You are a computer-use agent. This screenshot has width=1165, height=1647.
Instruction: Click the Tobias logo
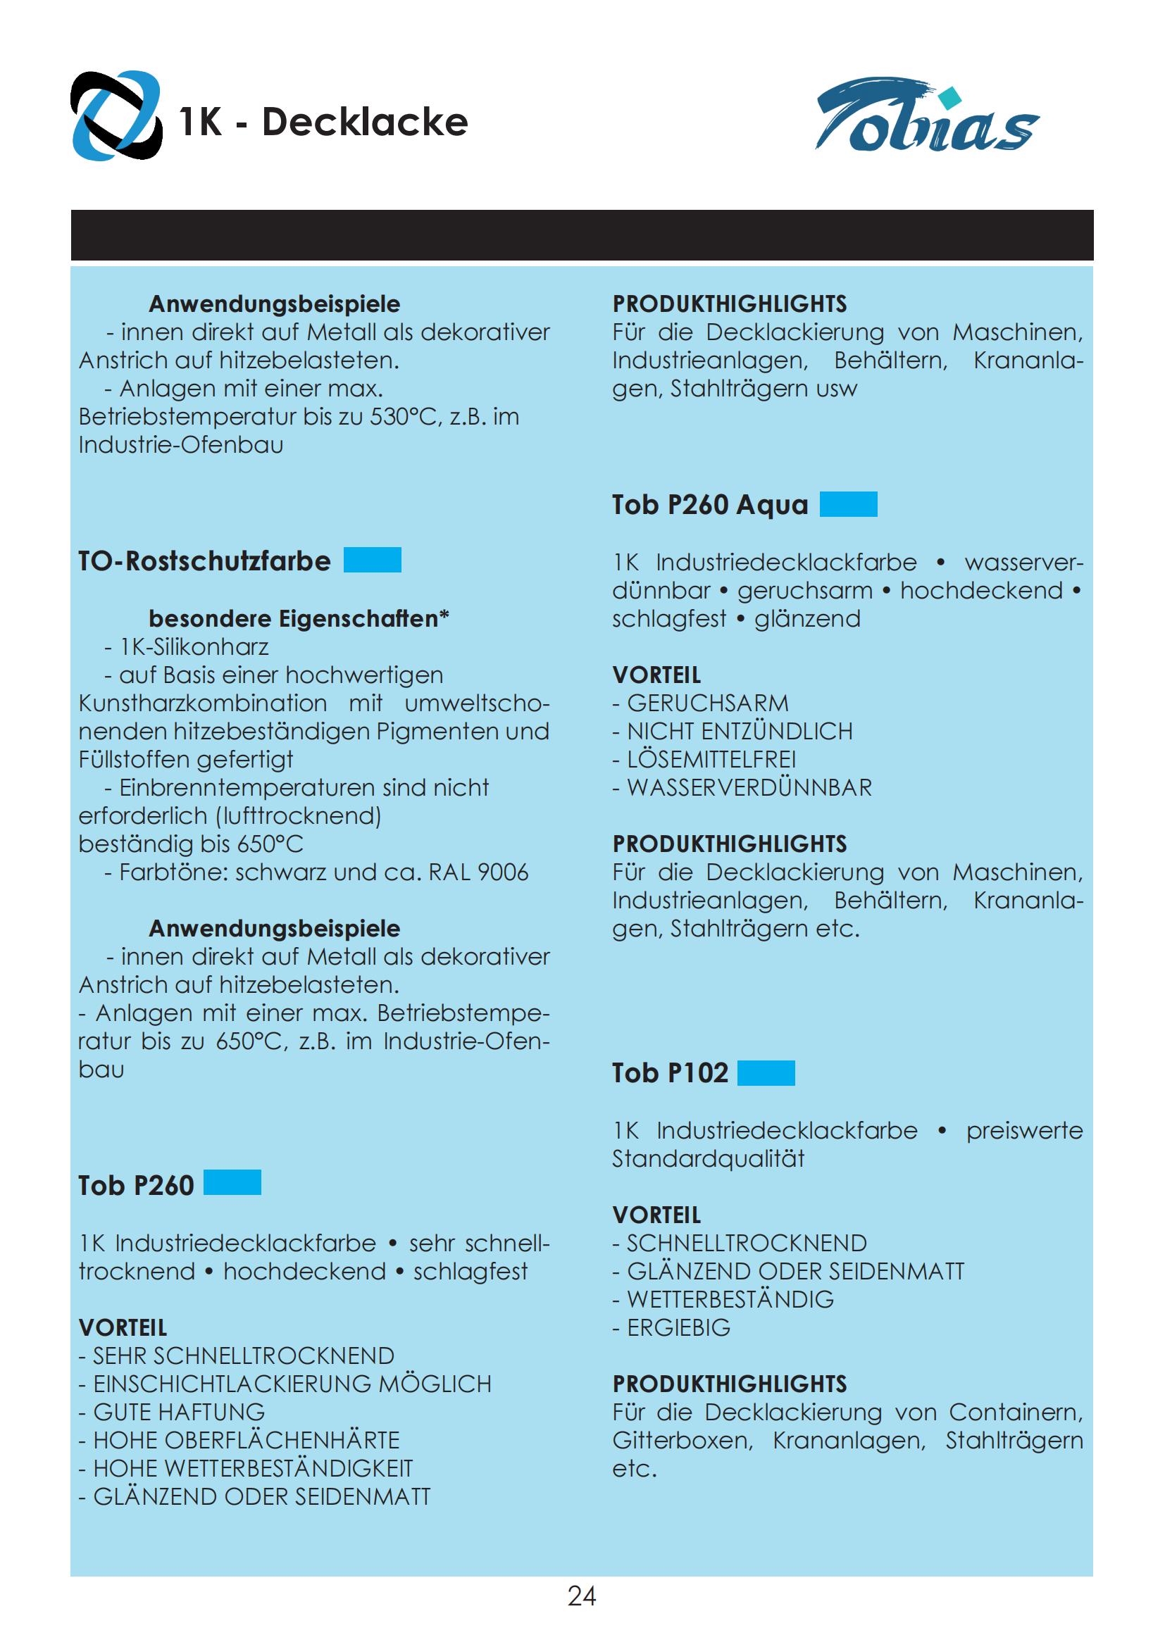(927, 116)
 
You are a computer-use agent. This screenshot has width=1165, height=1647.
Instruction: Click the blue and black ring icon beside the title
(116, 116)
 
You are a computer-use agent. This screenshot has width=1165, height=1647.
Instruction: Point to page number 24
(582, 1596)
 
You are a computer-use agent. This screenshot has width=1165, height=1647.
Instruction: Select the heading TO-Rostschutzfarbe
(204, 561)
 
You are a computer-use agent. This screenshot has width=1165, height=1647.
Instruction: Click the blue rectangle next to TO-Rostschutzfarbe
(373, 561)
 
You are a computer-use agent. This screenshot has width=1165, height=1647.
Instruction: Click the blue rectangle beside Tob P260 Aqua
(848, 504)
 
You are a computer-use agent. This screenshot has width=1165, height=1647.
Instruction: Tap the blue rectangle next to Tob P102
(766, 1072)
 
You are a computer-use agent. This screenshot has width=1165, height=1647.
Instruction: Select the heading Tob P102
(670, 1073)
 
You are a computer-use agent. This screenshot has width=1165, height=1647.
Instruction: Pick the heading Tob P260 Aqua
(709, 505)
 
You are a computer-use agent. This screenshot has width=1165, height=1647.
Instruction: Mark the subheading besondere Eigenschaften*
(299, 618)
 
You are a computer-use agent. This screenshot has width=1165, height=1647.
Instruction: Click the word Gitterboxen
(682, 1441)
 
